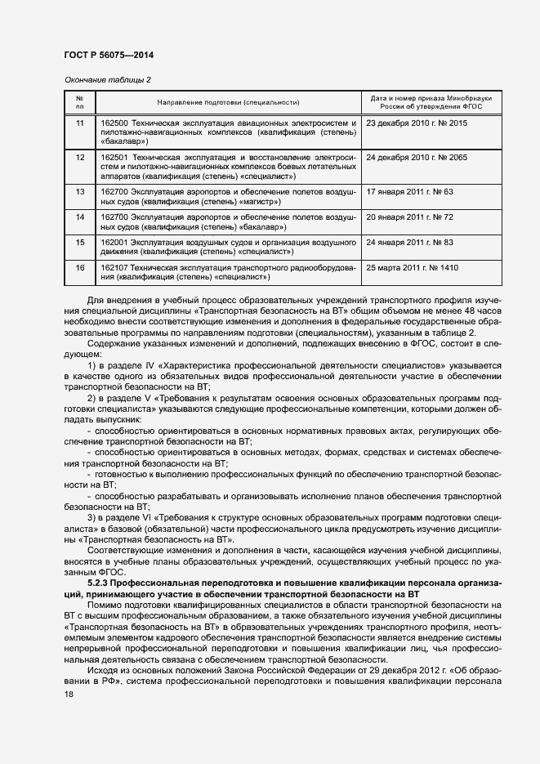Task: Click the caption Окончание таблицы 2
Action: click(107, 79)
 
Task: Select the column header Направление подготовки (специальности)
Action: click(228, 102)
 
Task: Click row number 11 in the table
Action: click(79, 123)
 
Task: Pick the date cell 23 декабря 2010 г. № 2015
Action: click(417, 123)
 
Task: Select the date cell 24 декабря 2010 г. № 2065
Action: click(417, 157)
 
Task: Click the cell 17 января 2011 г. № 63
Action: click(410, 191)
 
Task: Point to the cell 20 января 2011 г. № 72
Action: click(410, 217)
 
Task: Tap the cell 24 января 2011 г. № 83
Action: click(410, 243)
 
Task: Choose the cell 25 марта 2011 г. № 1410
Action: click(413, 268)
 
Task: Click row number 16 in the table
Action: click(79, 268)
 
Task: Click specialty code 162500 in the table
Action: click(114, 123)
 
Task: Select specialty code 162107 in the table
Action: click(114, 268)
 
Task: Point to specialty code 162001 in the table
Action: click(114, 243)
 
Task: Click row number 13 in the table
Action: click(79, 191)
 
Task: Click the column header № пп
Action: click(79, 102)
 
